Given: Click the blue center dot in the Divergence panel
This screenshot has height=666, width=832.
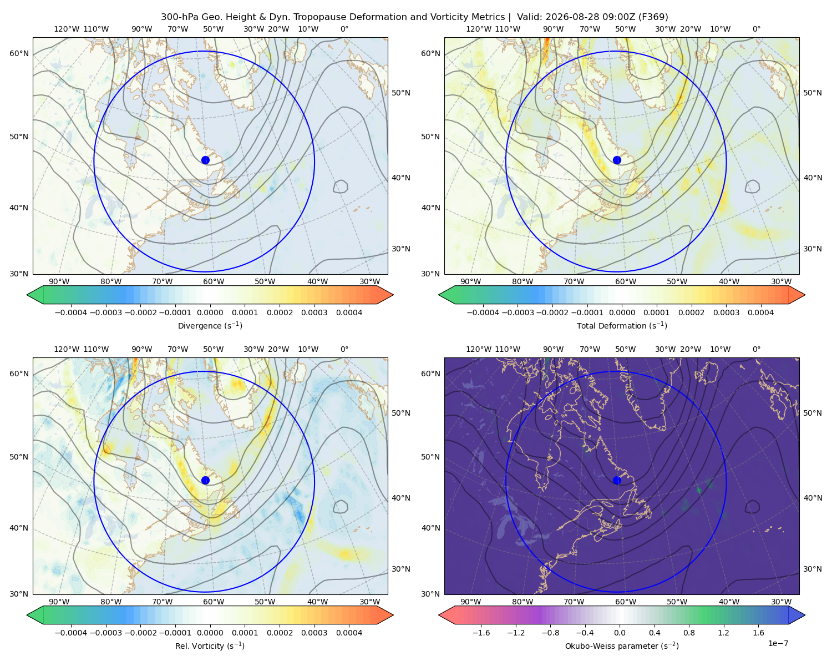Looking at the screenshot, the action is pos(205,160).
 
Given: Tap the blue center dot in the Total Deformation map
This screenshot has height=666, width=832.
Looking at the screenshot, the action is pos(617,160).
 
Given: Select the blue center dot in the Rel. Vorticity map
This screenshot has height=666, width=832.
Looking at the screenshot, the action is pos(205,480).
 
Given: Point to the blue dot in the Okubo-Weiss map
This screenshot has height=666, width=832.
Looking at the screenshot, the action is pos(617,480).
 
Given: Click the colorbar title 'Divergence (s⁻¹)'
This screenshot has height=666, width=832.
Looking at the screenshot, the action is pos(210,325).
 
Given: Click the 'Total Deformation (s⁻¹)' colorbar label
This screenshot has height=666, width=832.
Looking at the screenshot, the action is pos(622,325).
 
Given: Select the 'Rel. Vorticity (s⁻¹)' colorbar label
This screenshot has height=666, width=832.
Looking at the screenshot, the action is pos(210,645).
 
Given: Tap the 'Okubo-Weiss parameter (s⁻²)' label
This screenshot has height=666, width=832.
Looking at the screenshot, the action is pos(622,645).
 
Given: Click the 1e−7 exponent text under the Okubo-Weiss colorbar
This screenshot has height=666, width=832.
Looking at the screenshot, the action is pos(778,643).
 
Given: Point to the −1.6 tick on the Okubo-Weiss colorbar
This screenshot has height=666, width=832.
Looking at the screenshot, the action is pos(481,633).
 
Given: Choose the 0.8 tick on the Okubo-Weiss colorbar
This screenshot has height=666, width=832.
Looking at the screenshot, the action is pos(689,633).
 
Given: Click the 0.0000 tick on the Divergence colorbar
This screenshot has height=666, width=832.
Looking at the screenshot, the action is pos(210,312).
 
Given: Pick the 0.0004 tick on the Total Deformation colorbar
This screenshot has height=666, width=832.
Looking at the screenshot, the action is pos(761,312).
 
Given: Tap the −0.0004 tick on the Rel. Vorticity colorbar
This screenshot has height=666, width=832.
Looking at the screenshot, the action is pos(71,633).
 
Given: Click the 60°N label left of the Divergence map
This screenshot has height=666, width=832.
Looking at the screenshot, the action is pos(19,53).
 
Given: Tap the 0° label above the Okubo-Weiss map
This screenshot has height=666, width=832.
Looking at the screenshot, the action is pos(756,349).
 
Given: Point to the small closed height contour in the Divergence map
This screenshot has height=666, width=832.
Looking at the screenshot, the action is pos(340,186).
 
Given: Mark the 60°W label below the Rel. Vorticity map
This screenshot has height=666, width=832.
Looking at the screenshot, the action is pos(214,602).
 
